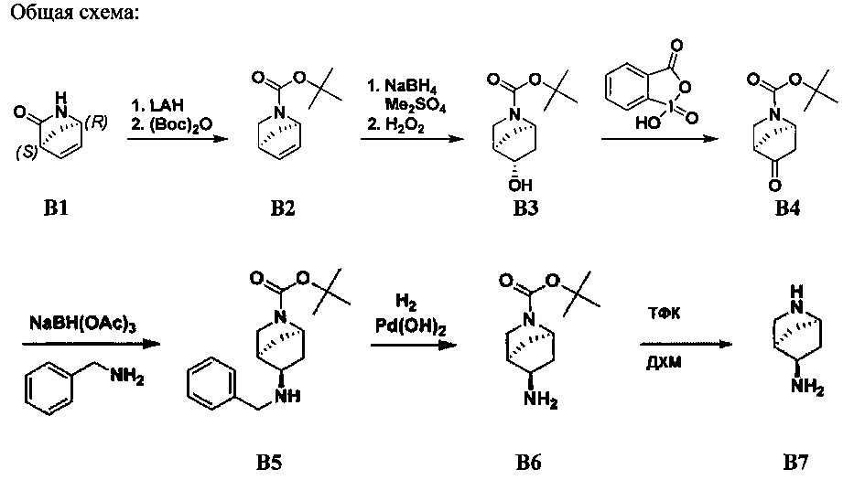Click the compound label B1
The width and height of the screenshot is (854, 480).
point(56,208)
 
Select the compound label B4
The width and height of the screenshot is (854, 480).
point(787,208)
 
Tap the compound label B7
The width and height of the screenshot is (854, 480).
point(795,462)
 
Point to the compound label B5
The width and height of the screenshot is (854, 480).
point(269,462)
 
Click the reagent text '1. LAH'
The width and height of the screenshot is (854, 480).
point(157,104)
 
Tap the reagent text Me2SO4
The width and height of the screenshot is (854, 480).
point(415,104)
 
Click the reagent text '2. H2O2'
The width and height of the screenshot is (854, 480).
point(396,126)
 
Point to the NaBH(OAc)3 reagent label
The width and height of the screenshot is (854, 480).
point(82,325)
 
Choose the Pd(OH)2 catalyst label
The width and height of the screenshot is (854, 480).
point(411,327)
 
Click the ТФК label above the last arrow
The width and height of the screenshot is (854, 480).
point(664,314)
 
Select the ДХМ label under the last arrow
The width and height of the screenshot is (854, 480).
point(664,362)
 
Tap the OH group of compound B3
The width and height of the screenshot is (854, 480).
point(520,185)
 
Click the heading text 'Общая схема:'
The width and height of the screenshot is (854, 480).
point(75,12)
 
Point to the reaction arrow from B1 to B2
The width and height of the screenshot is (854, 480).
point(178,139)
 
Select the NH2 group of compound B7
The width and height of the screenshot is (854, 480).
point(807,388)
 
